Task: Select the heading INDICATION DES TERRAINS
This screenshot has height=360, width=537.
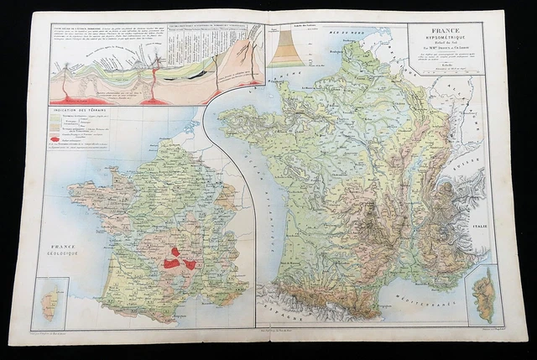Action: point(81,111)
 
